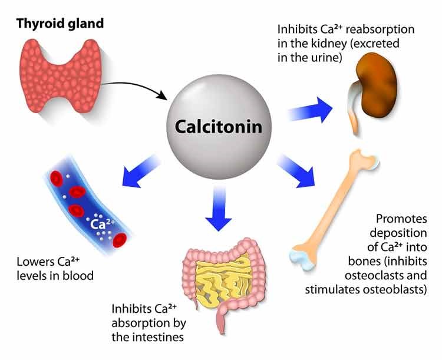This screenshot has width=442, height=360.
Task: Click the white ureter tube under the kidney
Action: coord(355,117)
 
